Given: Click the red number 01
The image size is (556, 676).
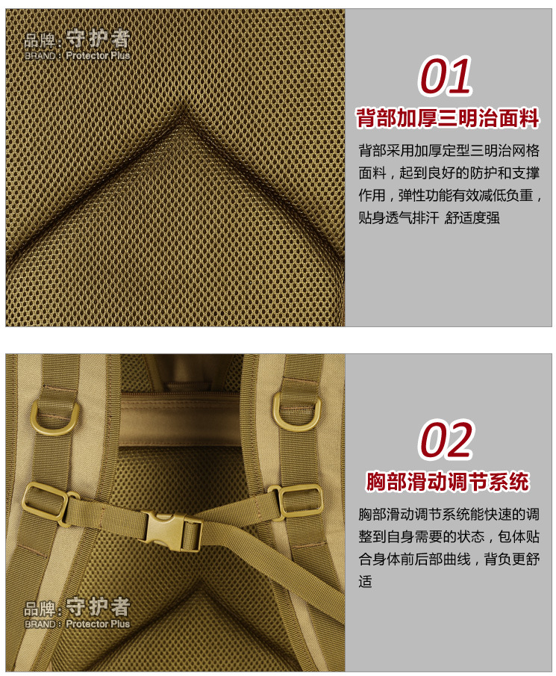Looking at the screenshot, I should point(446,76).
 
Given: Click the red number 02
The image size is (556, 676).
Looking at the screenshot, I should point(446,440).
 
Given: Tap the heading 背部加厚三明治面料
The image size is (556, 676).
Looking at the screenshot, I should point(447,119).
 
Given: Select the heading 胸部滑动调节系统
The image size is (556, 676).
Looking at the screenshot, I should point(447,481).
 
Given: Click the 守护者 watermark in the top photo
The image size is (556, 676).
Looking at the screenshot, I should point(98,39).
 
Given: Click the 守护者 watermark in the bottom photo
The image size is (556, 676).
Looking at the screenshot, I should point(98,607).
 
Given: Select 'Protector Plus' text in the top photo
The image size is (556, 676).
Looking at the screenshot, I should point(98,56).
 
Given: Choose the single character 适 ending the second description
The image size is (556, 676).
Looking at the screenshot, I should point(365,581).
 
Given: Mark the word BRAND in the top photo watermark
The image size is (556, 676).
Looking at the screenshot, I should point(40,56).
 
